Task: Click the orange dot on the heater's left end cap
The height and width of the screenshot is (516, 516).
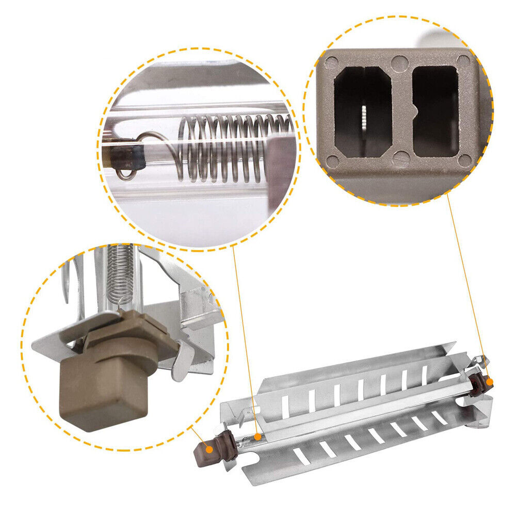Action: pos(209,449)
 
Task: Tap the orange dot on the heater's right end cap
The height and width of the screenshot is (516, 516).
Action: pos(490,382)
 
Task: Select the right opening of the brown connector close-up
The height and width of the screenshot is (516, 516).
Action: pos(436,111)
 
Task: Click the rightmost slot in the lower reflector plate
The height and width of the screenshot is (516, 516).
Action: pos(439,417)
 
